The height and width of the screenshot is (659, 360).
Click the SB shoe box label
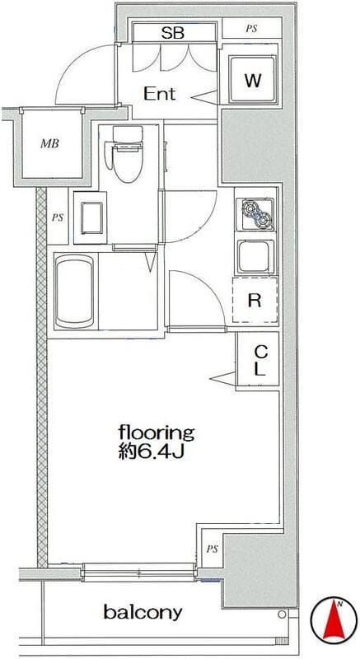click(173, 33)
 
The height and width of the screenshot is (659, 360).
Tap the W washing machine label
click(253, 80)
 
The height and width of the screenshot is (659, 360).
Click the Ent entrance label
click(160, 93)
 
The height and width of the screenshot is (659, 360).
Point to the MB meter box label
click(49, 144)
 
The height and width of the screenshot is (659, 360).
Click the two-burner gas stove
click(255, 214)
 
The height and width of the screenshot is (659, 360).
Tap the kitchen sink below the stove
click(255, 257)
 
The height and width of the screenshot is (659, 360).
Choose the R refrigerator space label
click(255, 300)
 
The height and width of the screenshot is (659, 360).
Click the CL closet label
click(260, 360)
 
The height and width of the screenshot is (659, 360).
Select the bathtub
click(74, 292)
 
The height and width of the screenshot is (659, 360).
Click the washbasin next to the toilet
click(91, 217)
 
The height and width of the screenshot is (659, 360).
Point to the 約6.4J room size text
click(152, 452)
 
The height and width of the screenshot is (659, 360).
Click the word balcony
click(143, 612)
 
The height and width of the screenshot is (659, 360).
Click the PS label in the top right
click(251, 30)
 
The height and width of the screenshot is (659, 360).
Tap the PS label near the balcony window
click(213, 549)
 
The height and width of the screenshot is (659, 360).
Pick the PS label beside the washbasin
click(58, 217)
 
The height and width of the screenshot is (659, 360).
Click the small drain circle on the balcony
click(282, 615)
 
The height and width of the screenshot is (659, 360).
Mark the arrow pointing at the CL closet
click(222, 378)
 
